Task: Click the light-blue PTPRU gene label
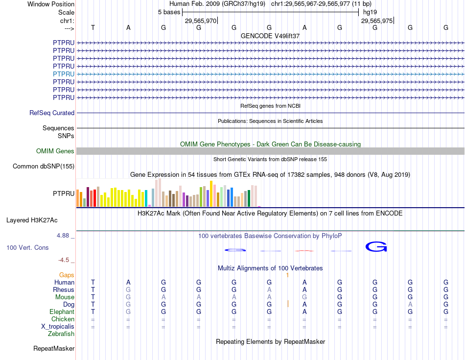pos(64,74)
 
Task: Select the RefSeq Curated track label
pos(52,113)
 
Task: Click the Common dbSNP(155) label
pos(44,167)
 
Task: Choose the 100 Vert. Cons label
pos(27,247)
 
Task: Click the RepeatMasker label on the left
pos(54,349)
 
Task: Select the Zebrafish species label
pos(61,334)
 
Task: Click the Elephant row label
pos(62,312)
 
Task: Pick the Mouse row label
pos(65,297)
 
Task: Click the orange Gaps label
pos(67,275)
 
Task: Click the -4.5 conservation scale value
pos(65,260)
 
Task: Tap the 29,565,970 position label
pos(200,21)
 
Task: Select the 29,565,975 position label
pos(376,21)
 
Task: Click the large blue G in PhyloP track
pos(376,247)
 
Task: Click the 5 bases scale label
pos(169,12)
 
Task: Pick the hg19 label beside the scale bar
pos(370,12)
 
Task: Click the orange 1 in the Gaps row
pos(288,275)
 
